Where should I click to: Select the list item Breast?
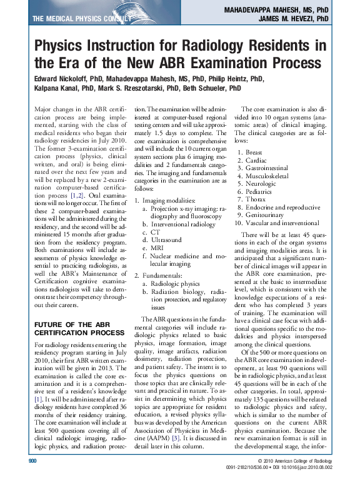click(254, 152)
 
